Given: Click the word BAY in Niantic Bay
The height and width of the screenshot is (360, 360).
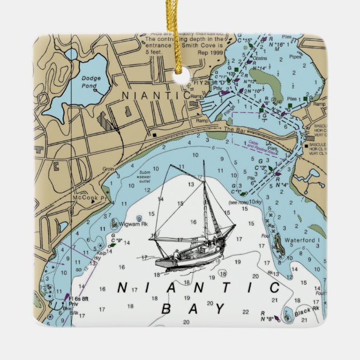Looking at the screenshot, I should pos(194,308).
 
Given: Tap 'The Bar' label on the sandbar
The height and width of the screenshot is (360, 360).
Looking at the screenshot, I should pos(231,130).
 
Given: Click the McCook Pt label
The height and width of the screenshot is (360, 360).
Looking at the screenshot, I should pos(88,197).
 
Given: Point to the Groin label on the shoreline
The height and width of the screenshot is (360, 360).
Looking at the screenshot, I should pos(108,168).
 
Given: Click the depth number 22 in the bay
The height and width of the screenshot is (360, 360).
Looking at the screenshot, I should pos(245,311).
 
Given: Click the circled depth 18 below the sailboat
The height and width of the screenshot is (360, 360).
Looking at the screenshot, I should pos(222,274).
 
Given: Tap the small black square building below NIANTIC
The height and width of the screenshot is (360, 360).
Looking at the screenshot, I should pos(154,135).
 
